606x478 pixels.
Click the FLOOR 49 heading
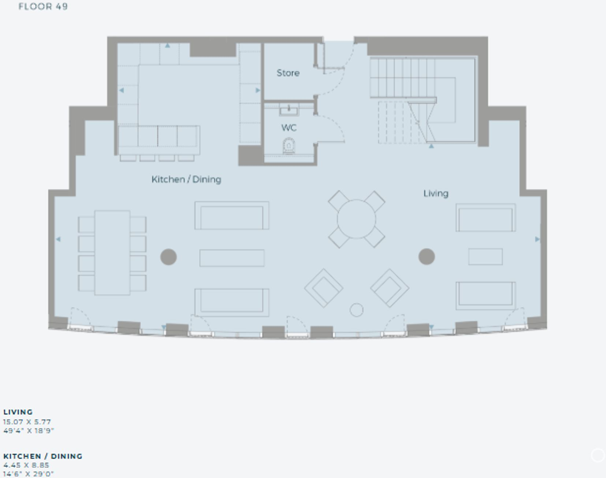43,7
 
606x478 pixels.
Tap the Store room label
288,73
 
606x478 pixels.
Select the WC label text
289,128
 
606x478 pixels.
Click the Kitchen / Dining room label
186,179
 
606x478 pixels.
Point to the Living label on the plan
436,193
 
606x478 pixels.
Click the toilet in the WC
289,146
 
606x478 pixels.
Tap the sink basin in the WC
289,110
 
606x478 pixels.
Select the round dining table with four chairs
357,219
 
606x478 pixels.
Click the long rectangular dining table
112,253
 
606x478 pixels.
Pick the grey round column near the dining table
169,257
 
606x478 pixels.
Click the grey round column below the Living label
427,256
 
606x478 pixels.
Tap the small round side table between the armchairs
357,310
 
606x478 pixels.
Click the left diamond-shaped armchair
324,288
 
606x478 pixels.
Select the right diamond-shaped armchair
389,288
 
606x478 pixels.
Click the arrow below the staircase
432,146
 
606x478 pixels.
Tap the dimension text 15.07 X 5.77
27,422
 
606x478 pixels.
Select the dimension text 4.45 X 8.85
26,465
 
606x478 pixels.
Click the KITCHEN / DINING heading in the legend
43,456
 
